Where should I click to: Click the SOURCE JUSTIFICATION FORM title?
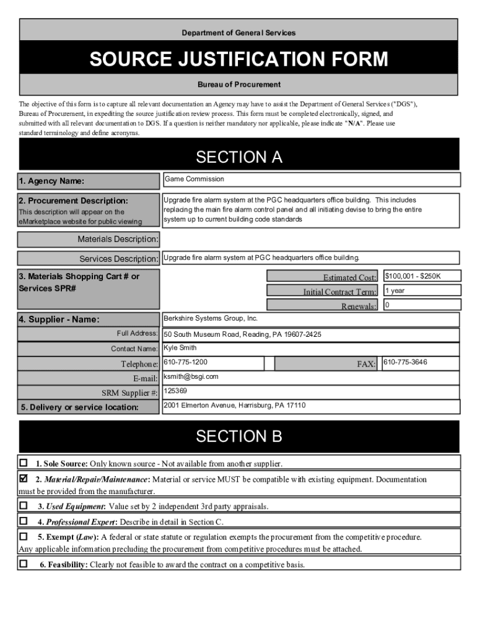pyautogui.click(x=239, y=59)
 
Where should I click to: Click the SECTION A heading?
pyautogui.click(x=239, y=157)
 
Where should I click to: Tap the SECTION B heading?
pyautogui.click(x=239, y=436)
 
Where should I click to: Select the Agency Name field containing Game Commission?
pyautogui.click(x=311, y=180)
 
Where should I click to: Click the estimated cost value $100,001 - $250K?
pyautogui.click(x=421, y=276)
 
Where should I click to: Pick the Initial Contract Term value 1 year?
pyautogui.click(x=421, y=290)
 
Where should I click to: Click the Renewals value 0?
pyautogui.click(x=421, y=305)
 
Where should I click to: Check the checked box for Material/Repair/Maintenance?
pyautogui.click(x=24, y=478)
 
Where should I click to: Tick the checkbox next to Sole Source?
pyautogui.click(x=24, y=462)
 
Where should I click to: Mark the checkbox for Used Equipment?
pyautogui.click(x=24, y=505)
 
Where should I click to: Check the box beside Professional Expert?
pyautogui.click(x=24, y=521)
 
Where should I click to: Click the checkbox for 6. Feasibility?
pyautogui.click(x=24, y=563)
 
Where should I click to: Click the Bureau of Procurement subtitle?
pyautogui.click(x=239, y=84)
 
